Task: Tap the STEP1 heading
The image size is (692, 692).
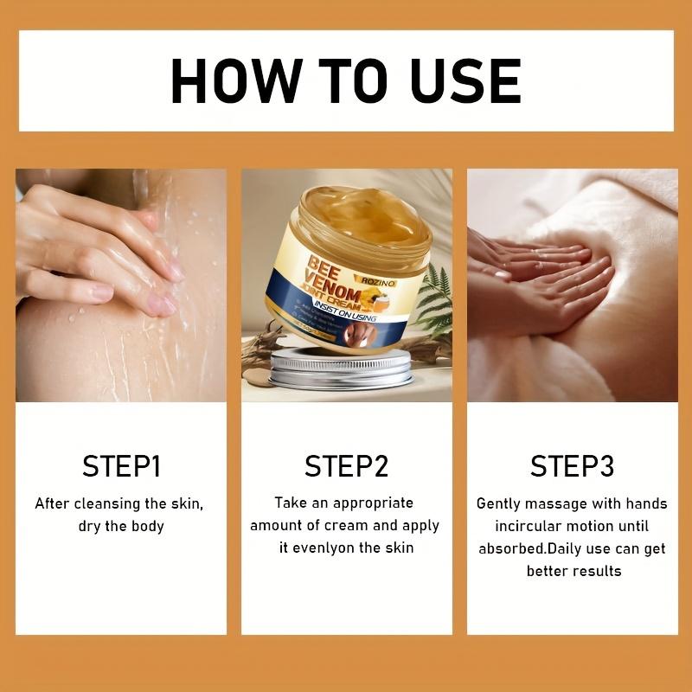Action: (x=122, y=466)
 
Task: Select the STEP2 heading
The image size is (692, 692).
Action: (x=346, y=466)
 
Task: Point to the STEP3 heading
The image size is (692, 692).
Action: (x=572, y=466)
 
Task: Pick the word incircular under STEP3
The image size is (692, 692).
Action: (x=534, y=526)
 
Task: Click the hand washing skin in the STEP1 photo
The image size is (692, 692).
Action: (x=95, y=251)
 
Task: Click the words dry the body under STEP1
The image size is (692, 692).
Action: (x=121, y=526)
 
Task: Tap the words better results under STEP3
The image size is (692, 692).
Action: (x=573, y=571)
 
